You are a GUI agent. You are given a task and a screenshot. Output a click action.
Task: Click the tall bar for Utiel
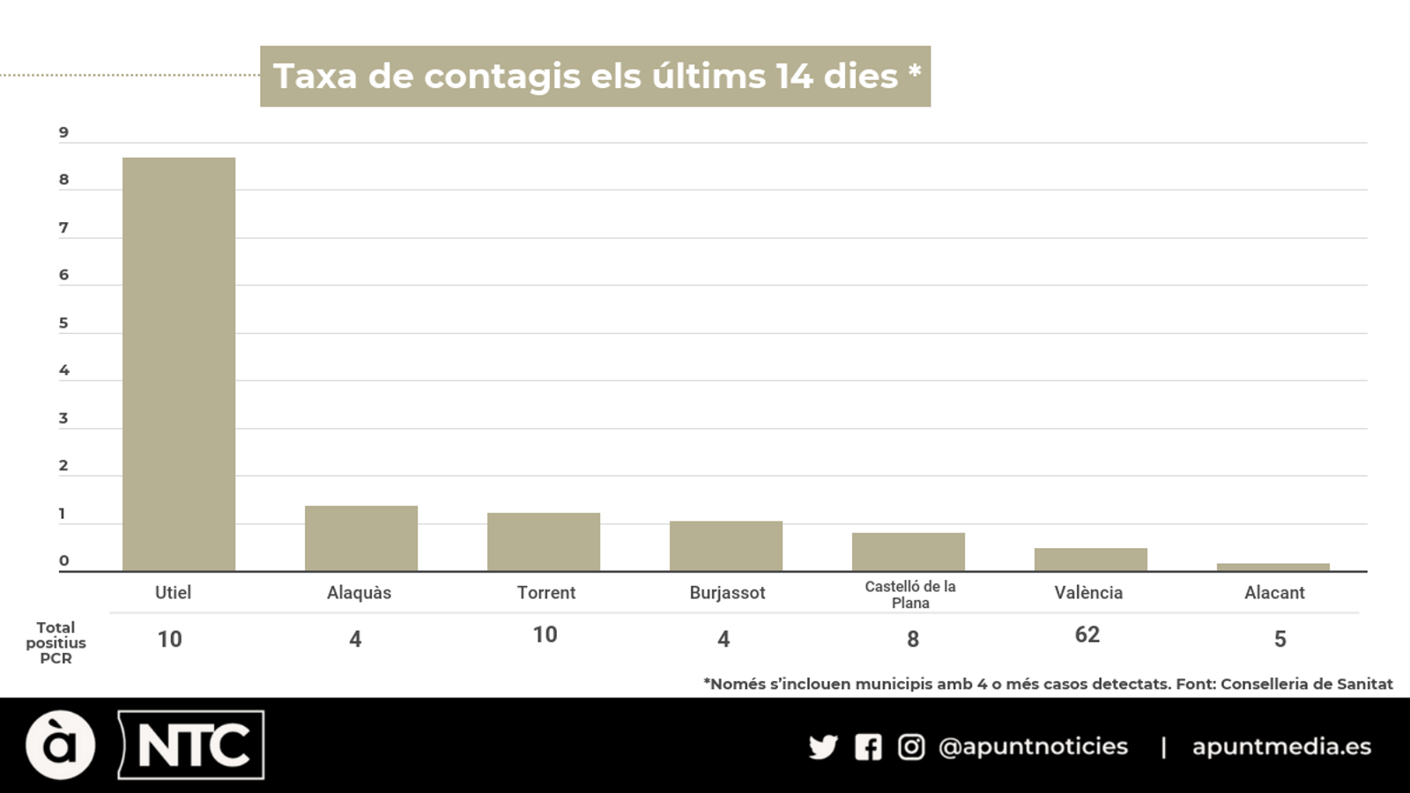point(179,364)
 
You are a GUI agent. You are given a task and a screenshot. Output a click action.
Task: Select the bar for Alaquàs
point(361,538)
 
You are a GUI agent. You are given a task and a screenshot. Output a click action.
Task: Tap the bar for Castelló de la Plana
point(909,552)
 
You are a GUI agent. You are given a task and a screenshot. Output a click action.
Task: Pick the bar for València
point(1091,560)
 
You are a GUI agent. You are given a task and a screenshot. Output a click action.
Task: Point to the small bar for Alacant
point(1273,567)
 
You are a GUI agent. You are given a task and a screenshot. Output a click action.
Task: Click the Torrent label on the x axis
point(546,593)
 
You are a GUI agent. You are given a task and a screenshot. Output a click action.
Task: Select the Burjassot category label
point(727,593)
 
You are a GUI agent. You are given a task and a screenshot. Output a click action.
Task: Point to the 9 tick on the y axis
point(63,133)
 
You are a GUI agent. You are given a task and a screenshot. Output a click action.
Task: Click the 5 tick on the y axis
point(63,323)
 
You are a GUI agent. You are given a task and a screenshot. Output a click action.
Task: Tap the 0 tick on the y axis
point(63,561)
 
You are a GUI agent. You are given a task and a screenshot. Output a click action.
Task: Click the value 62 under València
point(1087,635)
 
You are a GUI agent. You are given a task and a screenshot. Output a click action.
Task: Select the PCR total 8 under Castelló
point(913,640)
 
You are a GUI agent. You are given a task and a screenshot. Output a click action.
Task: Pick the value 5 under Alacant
point(1280,640)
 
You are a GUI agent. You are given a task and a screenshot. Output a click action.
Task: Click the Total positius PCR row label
point(56,643)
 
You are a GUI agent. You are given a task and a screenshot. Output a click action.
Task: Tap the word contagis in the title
point(502,77)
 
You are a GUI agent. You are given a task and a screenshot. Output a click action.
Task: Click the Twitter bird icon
point(823,747)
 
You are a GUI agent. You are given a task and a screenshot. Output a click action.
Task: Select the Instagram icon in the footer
point(911,747)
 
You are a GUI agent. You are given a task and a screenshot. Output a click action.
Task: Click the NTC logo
point(192,745)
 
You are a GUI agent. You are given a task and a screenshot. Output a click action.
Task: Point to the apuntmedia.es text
point(1281,746)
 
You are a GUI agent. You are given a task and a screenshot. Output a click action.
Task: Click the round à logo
point(60,745)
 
